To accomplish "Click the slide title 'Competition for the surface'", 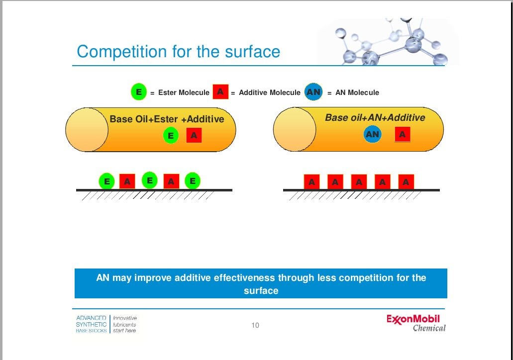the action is pos(178,52).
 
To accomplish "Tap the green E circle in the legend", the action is pos(139,92).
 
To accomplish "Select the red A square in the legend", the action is pos(220,91).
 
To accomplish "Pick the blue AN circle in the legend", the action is pos(313,92).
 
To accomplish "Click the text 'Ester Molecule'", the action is pos(184,92).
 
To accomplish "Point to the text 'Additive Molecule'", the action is pos(270,92).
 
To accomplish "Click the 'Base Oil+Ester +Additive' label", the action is pos(167,119).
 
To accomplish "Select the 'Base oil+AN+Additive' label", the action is pos(375,117).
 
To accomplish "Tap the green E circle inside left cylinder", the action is pos(171,135).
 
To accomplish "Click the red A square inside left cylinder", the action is pos(194,135).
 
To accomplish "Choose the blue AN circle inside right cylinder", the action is pos(372,134).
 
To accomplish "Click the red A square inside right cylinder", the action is pos(403,134).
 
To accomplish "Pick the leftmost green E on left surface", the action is pos(106,181).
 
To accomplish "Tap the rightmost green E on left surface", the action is pos(193,180).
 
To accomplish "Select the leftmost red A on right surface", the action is pos(311,182).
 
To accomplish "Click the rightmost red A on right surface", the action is pos(406,182).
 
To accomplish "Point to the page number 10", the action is pos(255,325).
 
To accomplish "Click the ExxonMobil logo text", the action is pos(413,319).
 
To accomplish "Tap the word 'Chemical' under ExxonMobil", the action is pos(429,328).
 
